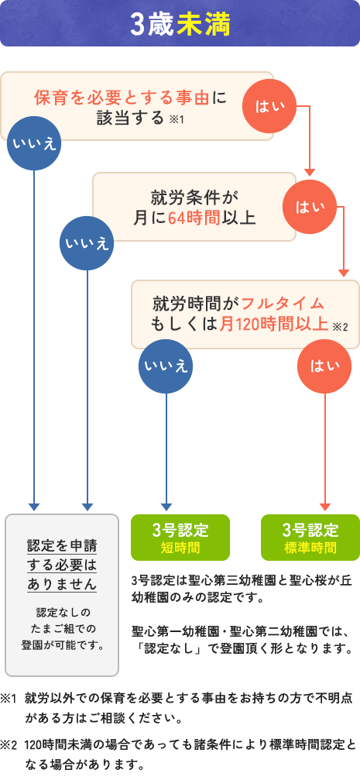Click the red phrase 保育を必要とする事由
tap(122, 98)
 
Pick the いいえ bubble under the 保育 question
tap(33, 143)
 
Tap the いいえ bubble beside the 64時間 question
tap(87, 244)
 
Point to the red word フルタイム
tap(281, 302)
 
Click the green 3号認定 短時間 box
tap(180, 537)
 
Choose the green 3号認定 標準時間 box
tap(310, 537)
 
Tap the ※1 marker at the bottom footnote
tap(9, 699)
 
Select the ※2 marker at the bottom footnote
tap(9, 744)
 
